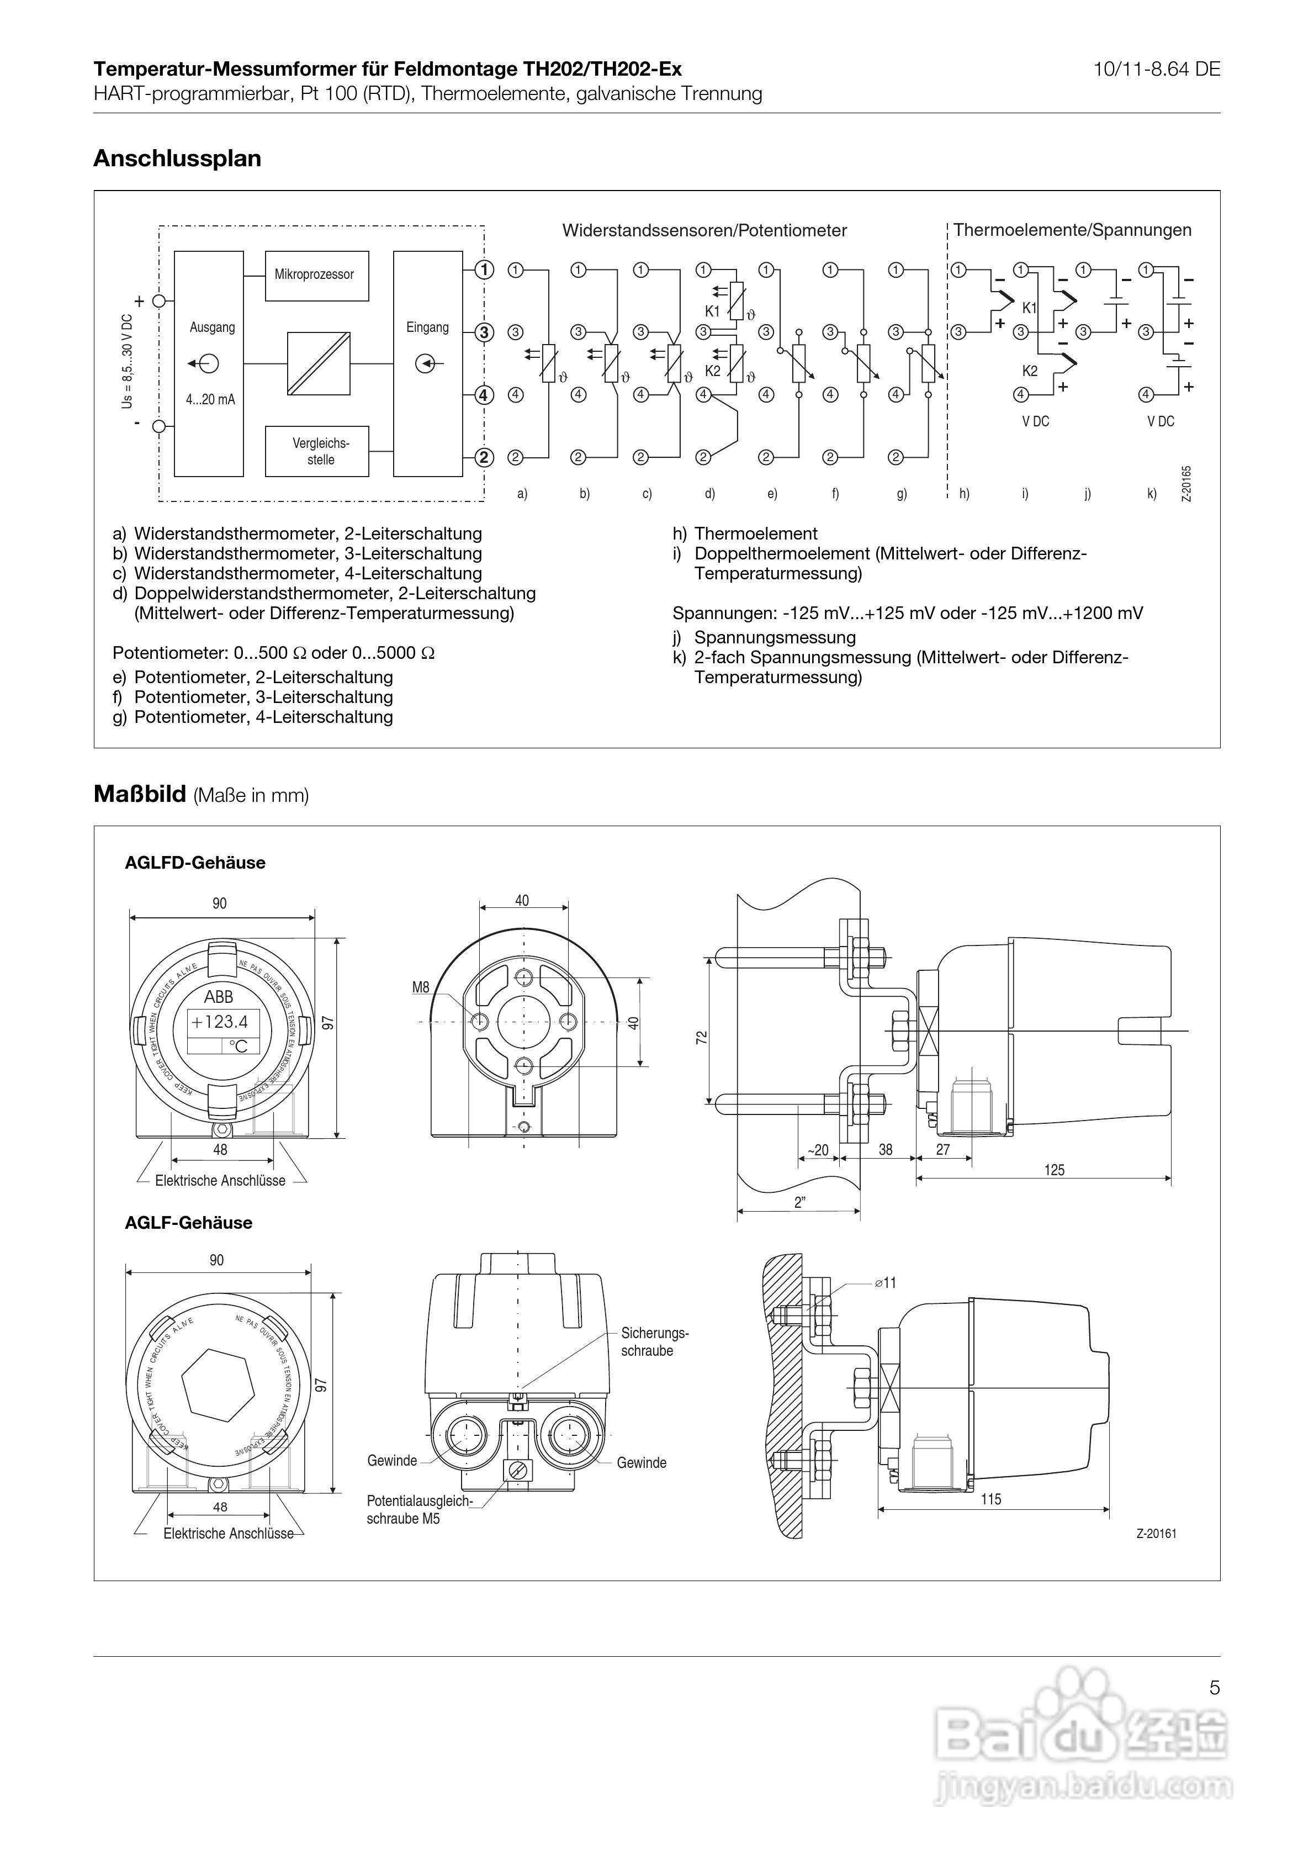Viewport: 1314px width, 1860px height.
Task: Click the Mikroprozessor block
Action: pos(316,276)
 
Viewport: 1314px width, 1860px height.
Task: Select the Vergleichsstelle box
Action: pos(317,451)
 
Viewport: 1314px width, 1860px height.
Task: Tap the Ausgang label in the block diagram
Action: pos(212,327)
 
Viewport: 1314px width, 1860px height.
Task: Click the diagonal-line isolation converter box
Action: pos(319,364)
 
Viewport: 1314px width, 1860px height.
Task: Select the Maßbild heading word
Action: pos(139,794)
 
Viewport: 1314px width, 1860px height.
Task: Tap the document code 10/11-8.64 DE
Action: pos(1156,70)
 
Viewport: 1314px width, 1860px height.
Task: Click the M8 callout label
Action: pos(421,987)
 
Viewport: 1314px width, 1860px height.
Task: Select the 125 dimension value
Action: pos(1054,1170)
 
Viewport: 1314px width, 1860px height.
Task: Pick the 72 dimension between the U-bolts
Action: pos(702,1037)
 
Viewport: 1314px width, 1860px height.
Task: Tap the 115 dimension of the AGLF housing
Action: pos(991,1499)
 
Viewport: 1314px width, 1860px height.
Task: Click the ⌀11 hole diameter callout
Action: pos(886,1282)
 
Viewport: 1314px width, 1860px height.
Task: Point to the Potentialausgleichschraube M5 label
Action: pos(419,1509)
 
